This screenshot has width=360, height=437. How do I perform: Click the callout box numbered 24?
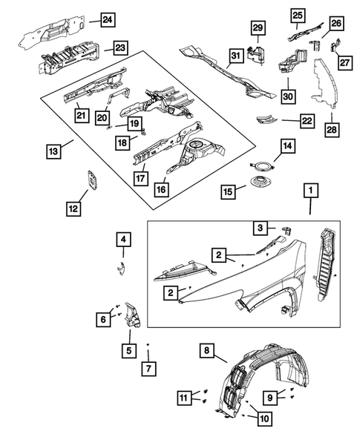[x=108, y=19]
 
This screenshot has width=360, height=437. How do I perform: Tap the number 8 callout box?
[x=209, y=349]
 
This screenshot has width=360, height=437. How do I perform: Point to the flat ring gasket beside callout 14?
[x=262, y=166]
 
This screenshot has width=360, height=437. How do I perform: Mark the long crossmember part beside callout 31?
[x=226, y=73]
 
